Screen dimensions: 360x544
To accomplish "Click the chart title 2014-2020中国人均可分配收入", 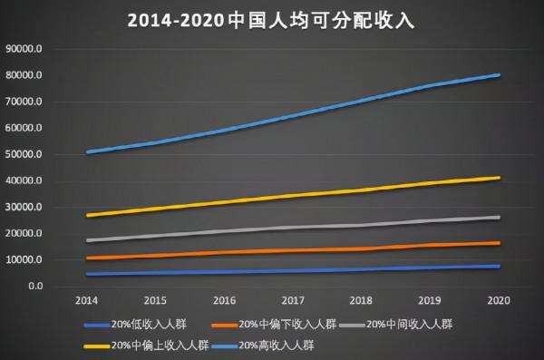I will point(272,19).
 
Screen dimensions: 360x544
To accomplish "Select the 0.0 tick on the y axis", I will point(35,287).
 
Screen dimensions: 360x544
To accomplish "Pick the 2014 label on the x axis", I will point(87,299).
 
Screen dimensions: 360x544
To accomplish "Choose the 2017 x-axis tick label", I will point(293,299).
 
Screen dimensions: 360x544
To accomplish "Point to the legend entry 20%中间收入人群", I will point(403,323).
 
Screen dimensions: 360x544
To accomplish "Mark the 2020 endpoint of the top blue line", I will point(498,75).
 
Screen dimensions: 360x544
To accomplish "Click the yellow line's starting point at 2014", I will point(87,215).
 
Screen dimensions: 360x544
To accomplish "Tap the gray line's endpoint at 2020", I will point(498,217).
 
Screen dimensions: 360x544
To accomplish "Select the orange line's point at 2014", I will point(87,258).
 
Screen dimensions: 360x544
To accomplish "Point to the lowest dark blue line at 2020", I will point(498,266).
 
